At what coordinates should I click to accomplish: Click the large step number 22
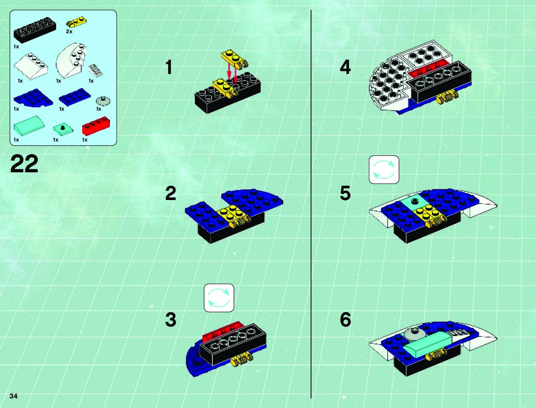[x=24, y=164]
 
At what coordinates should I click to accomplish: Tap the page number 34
[x=13, y=396]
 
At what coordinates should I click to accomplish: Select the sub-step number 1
[x=169, y=67]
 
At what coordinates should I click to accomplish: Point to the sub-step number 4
[x=345, y=67]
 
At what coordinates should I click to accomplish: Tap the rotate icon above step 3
[x=219, y=298]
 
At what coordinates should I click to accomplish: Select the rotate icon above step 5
[x=384, y=170]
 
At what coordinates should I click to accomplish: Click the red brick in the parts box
[x=96, y=126]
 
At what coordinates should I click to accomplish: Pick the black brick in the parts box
[x=35, y=30]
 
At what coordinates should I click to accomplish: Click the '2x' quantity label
[x=69, y=32]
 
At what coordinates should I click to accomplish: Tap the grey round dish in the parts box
[x=103, y=101]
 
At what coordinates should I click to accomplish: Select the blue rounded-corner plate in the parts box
[x=33, y=98]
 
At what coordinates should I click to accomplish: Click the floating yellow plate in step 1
[x=234, y=58]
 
